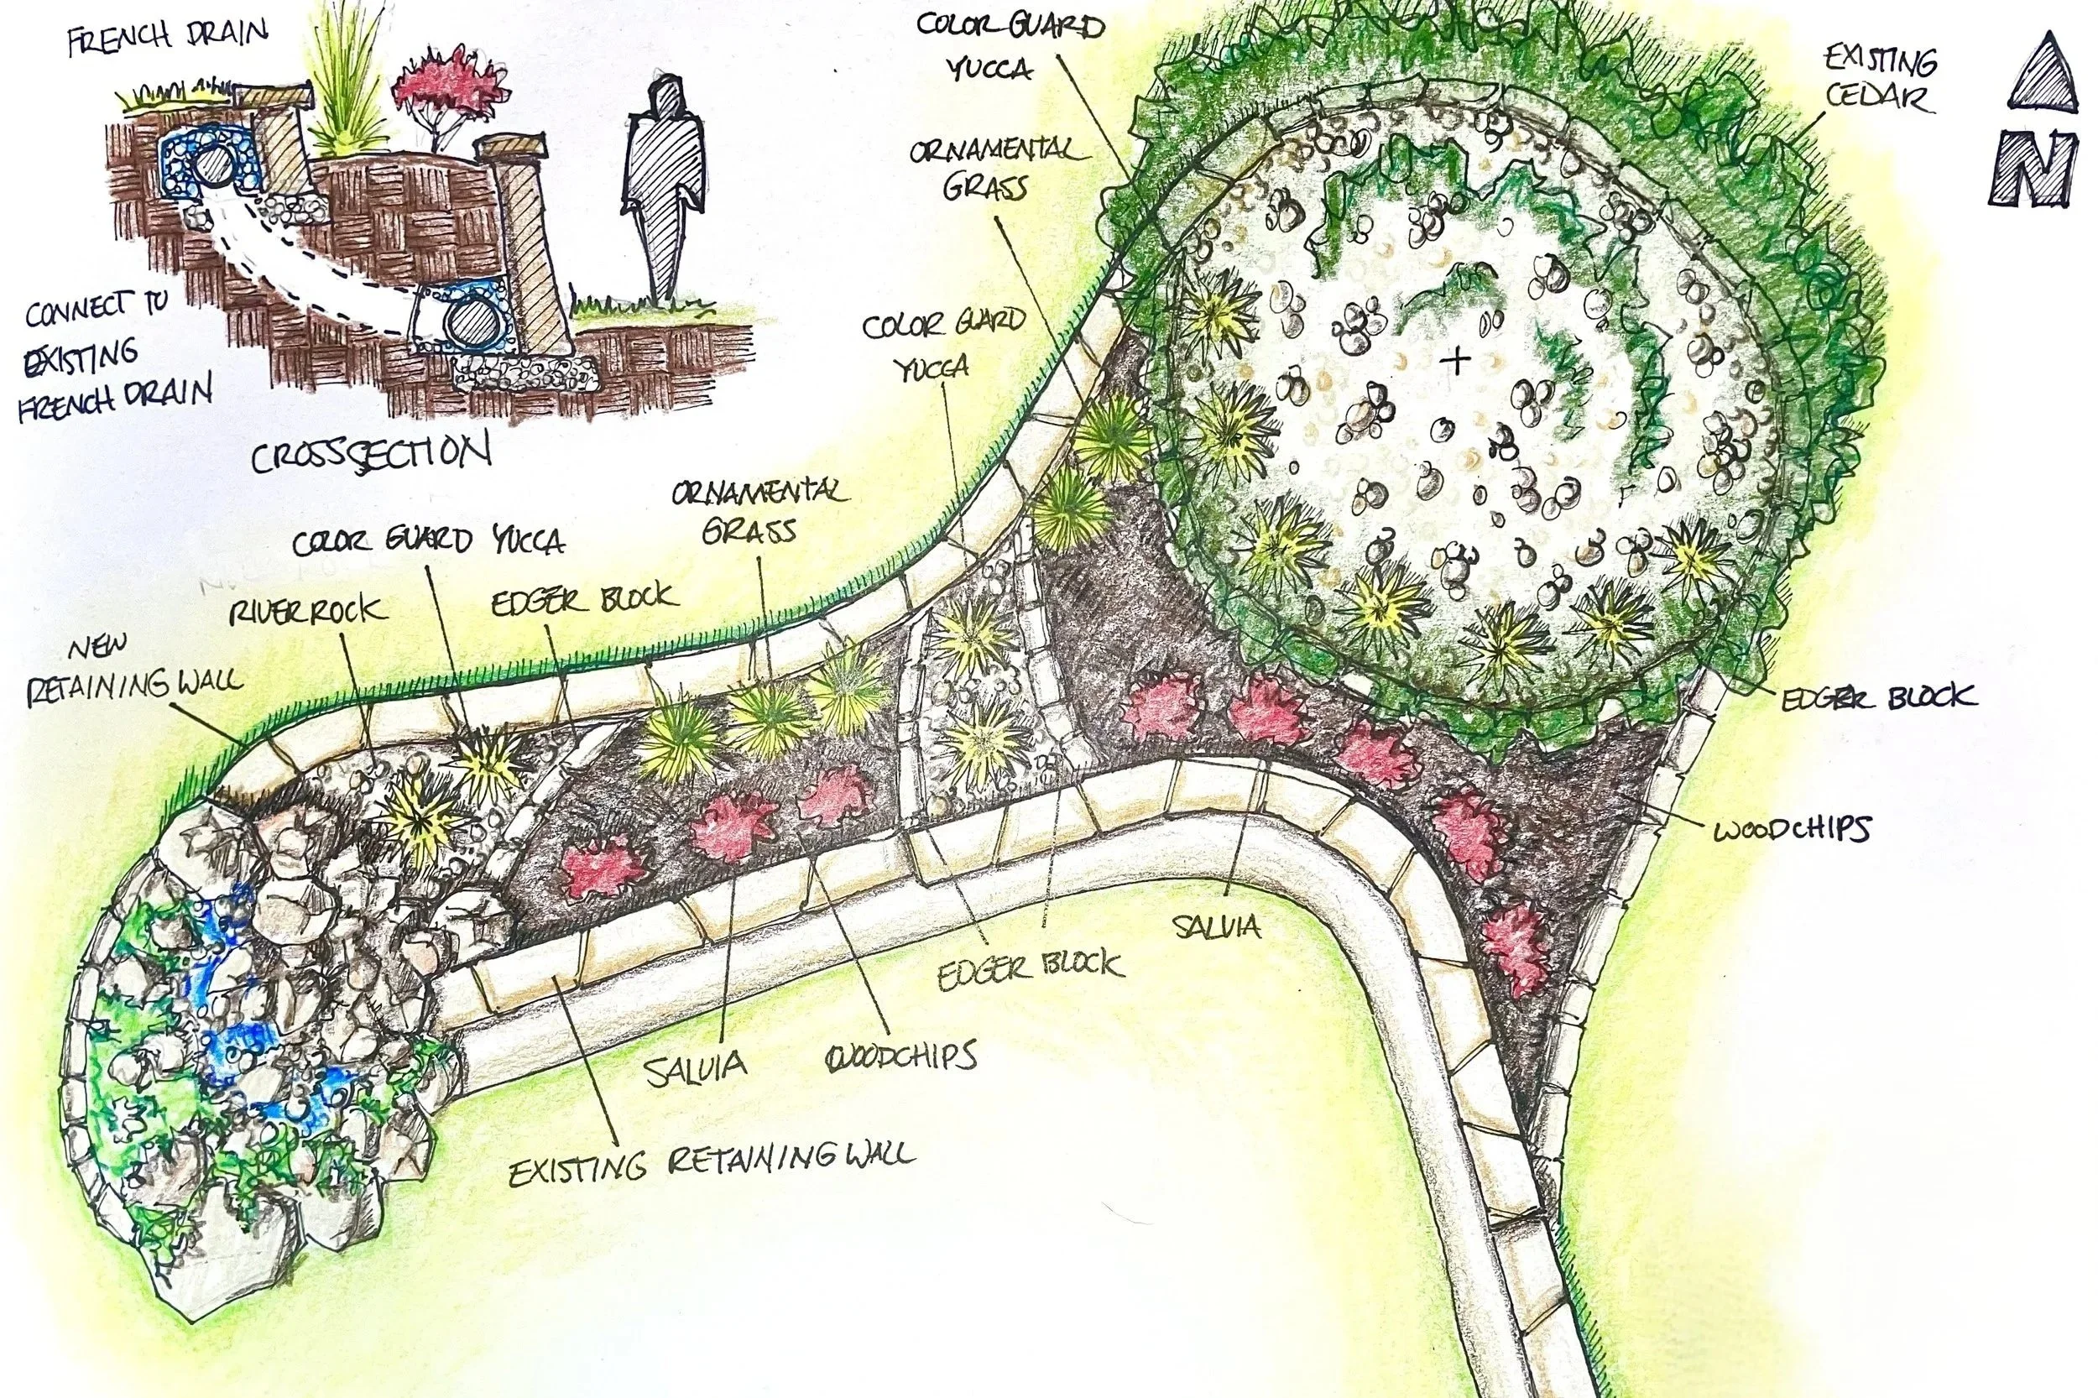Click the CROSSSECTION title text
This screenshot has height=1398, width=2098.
[370, 454]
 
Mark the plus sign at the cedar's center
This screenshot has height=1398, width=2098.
[1457, 360]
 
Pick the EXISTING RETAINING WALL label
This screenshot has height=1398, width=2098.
[712, 1163]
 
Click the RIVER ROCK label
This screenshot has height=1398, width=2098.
[308, 611]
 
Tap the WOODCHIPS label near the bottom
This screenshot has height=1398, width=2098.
[901, 1057]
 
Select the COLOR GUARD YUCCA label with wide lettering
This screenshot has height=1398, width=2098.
[428, 541]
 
